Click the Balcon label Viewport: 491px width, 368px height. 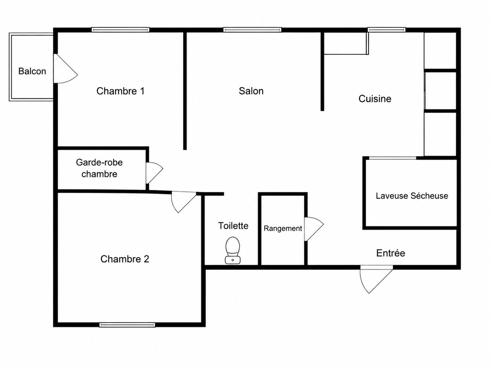click(x=32, y=71)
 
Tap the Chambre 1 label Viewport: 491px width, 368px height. click(x=120, y=91)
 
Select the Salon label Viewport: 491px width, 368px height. click(x=251, y=91)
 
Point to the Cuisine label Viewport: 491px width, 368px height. click(x=375, y=99)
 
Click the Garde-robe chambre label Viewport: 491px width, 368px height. click(x=99, y=168)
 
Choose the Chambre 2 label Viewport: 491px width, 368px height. click(x=124, y=259)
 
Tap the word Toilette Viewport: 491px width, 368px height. click(x=233, y=226)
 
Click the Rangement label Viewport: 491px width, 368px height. click(x=283, y=228)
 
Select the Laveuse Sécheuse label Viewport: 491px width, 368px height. click(x=412, y=196)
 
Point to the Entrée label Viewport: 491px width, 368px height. click(x=391, y=253)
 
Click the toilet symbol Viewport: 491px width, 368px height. click(x=233, y=250)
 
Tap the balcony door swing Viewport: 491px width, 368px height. click(x=65, y=68)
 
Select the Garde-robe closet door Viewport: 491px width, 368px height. click(x=154, y=173)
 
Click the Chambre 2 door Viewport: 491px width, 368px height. click(x=184, y=202)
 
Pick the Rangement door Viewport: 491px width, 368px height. click(x=314, y=229)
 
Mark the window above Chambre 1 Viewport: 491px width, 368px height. click(x=120, y=30)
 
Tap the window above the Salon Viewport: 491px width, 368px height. click(x=252, y=30)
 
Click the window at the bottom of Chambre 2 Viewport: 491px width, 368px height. click(x=127, y=325)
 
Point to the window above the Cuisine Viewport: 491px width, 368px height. click(x=387, y=30)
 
